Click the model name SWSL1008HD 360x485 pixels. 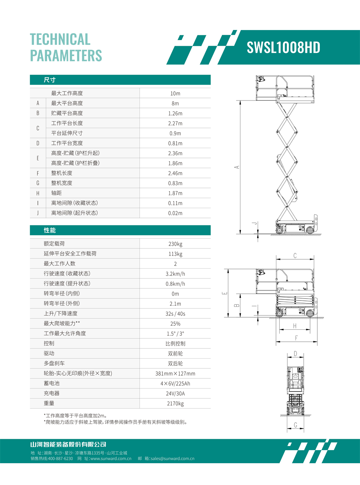tap(283, 48)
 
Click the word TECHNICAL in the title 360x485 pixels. tap(60, 39)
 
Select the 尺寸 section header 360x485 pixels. tap(49, 80)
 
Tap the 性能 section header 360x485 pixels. tap(49, 230)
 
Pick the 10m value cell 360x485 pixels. tap(175, 93)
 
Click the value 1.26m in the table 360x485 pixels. tap(175, 113)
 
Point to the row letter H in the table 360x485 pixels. tap(38, 193)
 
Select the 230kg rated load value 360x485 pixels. tap(175, 244)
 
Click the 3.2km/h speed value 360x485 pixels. tap(175, 274)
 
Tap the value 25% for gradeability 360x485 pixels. tap(175, 324)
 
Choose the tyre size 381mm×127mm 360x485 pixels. tap(175, 374)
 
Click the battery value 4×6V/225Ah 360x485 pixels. tap(175, 383)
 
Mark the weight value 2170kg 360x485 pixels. tap(175, 404)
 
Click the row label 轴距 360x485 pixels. tap(56, 193)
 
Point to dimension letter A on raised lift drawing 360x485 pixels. tap(237, 167)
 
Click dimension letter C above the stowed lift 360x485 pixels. tap(295, 256)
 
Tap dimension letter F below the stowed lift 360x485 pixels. tap(296, 338)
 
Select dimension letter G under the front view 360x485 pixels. tap(295, 425)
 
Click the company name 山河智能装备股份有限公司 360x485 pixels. tap(68, 444)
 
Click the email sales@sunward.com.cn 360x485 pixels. tap(172, 458)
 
